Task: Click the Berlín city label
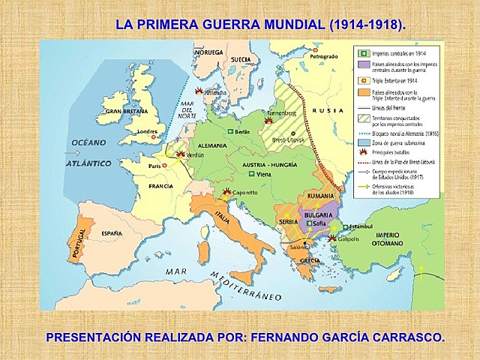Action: (x=242, y=131)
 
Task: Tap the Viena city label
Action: (x=263, y=174)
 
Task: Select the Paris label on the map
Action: (x=154, y=166)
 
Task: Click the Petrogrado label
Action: (x=322, y=58)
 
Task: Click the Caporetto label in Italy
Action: (x=247, y=193)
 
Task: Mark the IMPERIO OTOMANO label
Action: (x=403, y=239)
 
